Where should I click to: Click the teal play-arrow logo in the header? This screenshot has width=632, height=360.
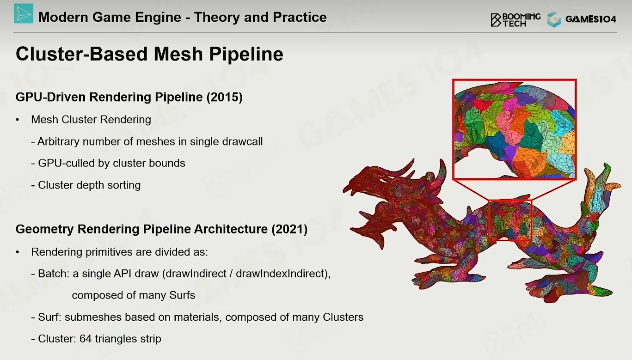coord(24,13)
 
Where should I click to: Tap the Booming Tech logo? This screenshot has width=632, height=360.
coord(515,20)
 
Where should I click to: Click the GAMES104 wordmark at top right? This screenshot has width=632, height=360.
coord(591,19)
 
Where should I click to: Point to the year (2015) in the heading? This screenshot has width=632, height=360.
coord(225,97)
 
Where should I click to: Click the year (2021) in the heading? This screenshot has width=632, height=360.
coord(289,229)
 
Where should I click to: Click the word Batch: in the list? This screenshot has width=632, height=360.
coord(54,274)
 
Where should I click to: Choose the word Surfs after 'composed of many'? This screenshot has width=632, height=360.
coord(182,295)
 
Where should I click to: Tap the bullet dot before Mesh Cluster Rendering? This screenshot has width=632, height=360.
coord(18,120)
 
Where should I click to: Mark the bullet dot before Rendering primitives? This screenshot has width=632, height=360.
coord(18,252)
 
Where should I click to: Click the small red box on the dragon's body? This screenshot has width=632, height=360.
coord(510,220)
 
